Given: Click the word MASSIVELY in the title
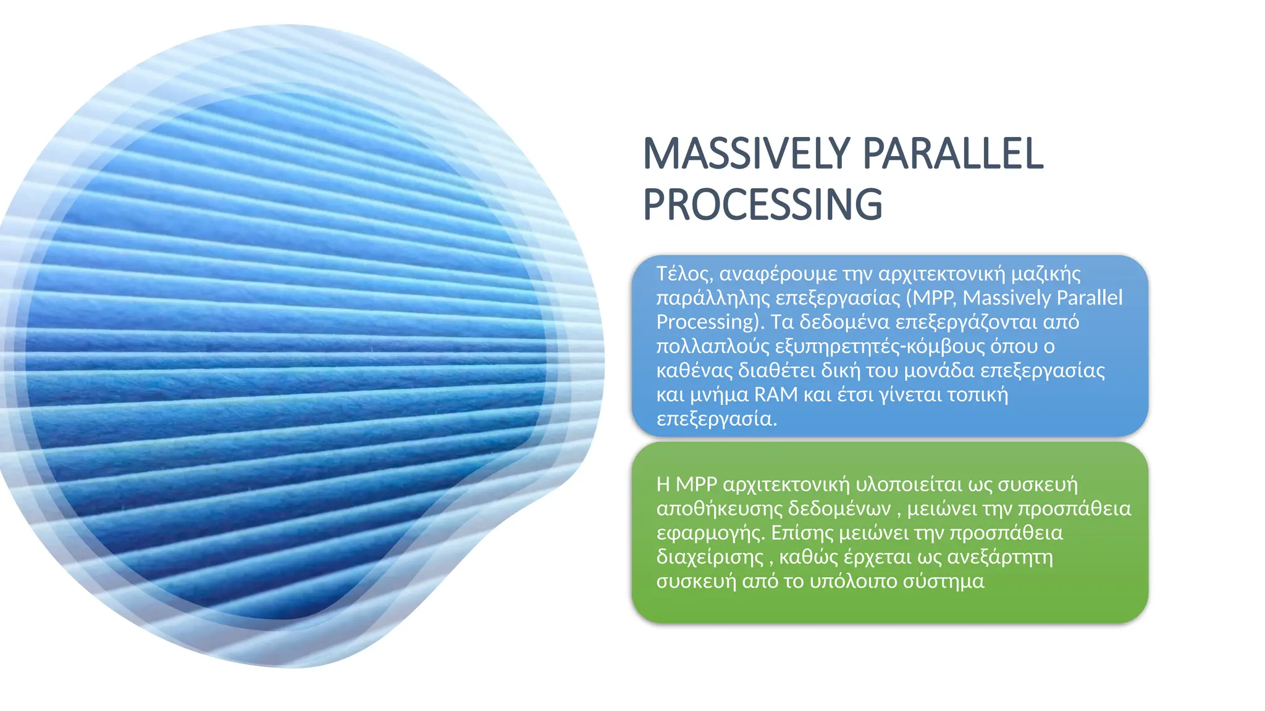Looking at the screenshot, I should [747, 154].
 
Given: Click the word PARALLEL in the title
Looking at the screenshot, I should [953, 154].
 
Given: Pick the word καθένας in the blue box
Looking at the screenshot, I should [693, 370].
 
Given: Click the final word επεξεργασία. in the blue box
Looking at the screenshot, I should [717, 419].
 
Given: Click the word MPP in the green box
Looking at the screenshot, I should [696, 484].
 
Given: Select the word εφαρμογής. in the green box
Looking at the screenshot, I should [711, 533].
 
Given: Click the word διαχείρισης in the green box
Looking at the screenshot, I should [710, 557].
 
